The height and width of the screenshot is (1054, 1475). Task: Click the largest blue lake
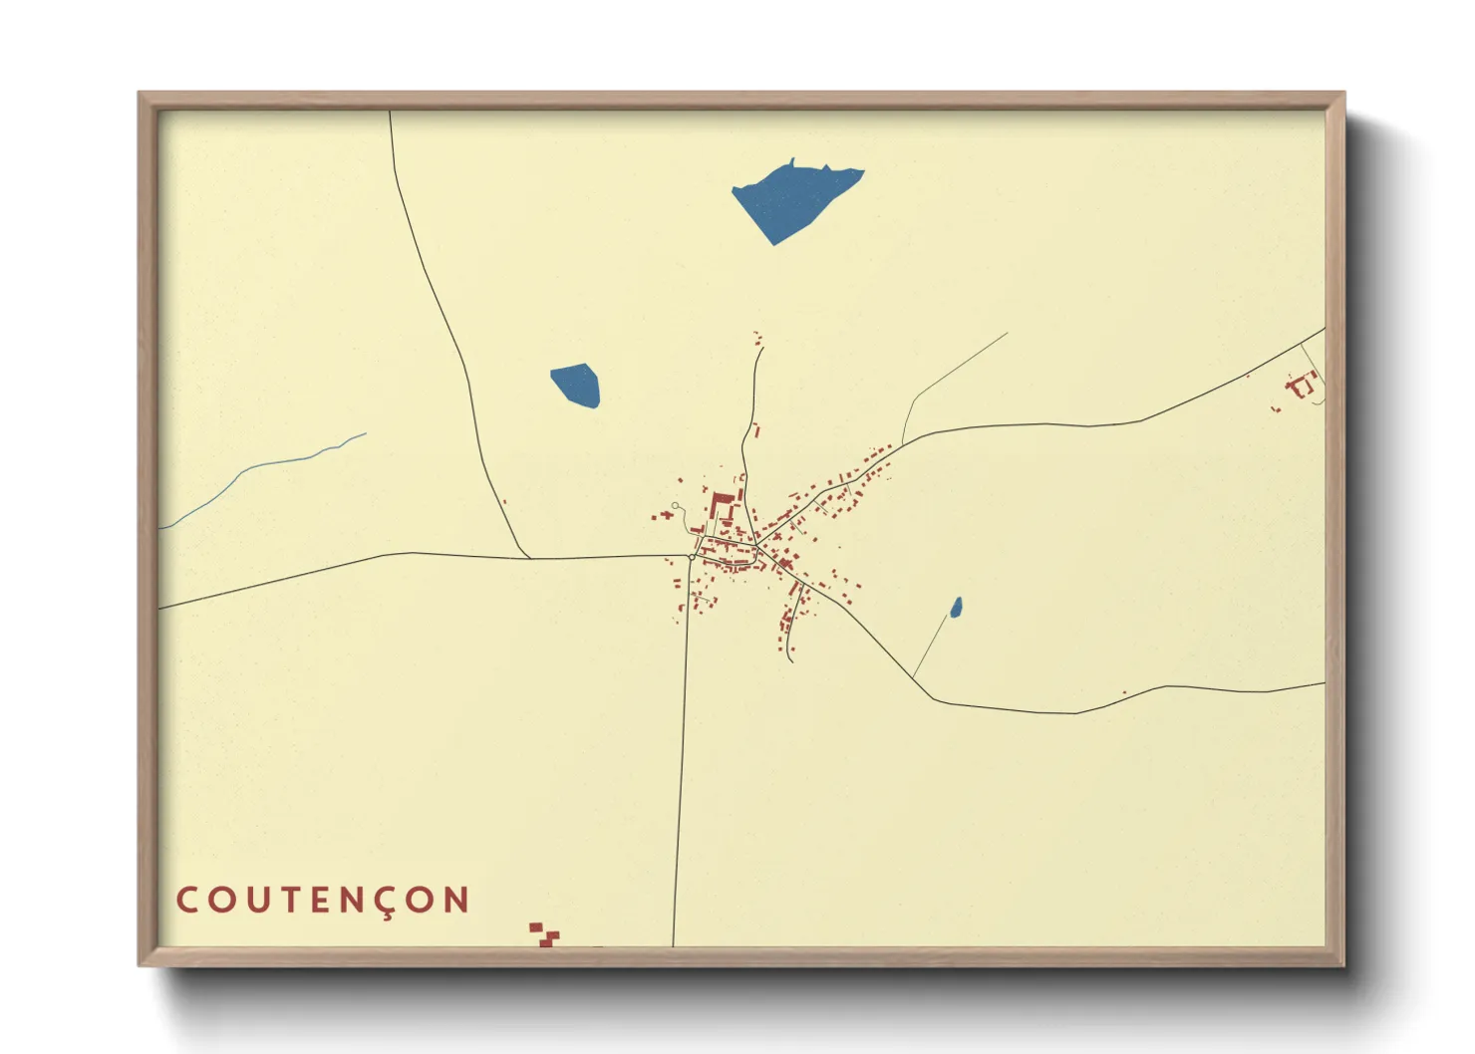point(792,201)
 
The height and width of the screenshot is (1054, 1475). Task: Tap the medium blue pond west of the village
point(577,386)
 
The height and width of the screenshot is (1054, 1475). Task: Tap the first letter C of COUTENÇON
point(187,901)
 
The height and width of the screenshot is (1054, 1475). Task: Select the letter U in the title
point(256,901)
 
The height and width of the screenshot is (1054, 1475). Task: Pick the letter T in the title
point(288,901)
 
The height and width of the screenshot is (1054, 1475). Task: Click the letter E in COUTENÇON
point(320,901)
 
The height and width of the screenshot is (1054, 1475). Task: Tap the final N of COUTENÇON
point(456,901)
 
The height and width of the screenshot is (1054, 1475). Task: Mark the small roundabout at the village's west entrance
point(691,557)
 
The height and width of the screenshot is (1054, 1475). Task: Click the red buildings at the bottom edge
point(543,934)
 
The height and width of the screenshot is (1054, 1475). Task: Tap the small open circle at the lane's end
point(676,506)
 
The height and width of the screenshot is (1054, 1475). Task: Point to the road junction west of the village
point(528,558)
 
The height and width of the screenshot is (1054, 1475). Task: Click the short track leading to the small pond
point(930,648)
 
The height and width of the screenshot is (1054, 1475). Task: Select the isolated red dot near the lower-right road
point(1124,692)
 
